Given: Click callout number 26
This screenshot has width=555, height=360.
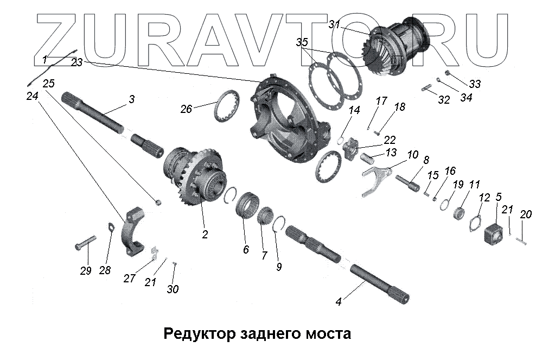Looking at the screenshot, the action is [186, 109].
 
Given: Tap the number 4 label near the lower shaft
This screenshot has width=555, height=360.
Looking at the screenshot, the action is [339, 301].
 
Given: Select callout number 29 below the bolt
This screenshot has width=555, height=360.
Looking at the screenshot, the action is [86, 271].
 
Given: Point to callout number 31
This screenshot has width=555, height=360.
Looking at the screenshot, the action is [334, 24].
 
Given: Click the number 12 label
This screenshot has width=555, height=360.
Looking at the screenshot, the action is [484, 198].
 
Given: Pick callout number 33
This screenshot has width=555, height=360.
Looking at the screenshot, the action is [475, 84].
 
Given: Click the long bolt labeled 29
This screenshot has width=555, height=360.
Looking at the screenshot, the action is [85, 243].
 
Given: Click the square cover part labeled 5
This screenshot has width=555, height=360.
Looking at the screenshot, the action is [493, 233].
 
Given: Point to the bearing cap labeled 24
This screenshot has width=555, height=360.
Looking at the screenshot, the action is [133, 230].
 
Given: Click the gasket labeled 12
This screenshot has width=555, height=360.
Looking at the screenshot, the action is [475, 223].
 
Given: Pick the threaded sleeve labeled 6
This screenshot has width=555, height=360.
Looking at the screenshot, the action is [247, 206].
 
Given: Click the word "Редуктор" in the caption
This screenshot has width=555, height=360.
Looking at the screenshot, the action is [201, 333].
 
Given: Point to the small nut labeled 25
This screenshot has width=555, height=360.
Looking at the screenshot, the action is [158, 203].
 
